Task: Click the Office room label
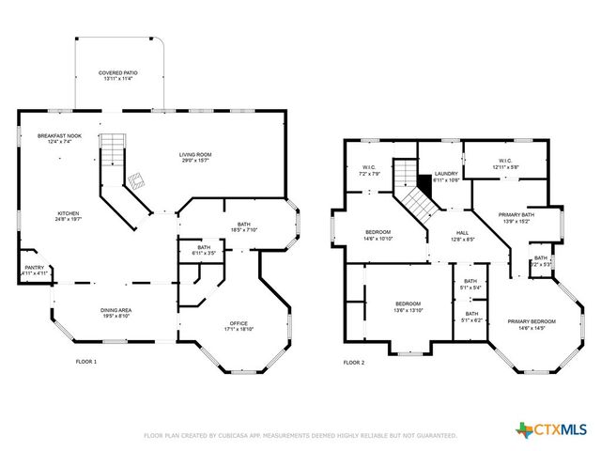[239, 325]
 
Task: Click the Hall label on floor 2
[463, 236]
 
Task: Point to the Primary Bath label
[515, 218]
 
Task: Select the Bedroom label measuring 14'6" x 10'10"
[378, 234]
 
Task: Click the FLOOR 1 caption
[85, 362]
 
